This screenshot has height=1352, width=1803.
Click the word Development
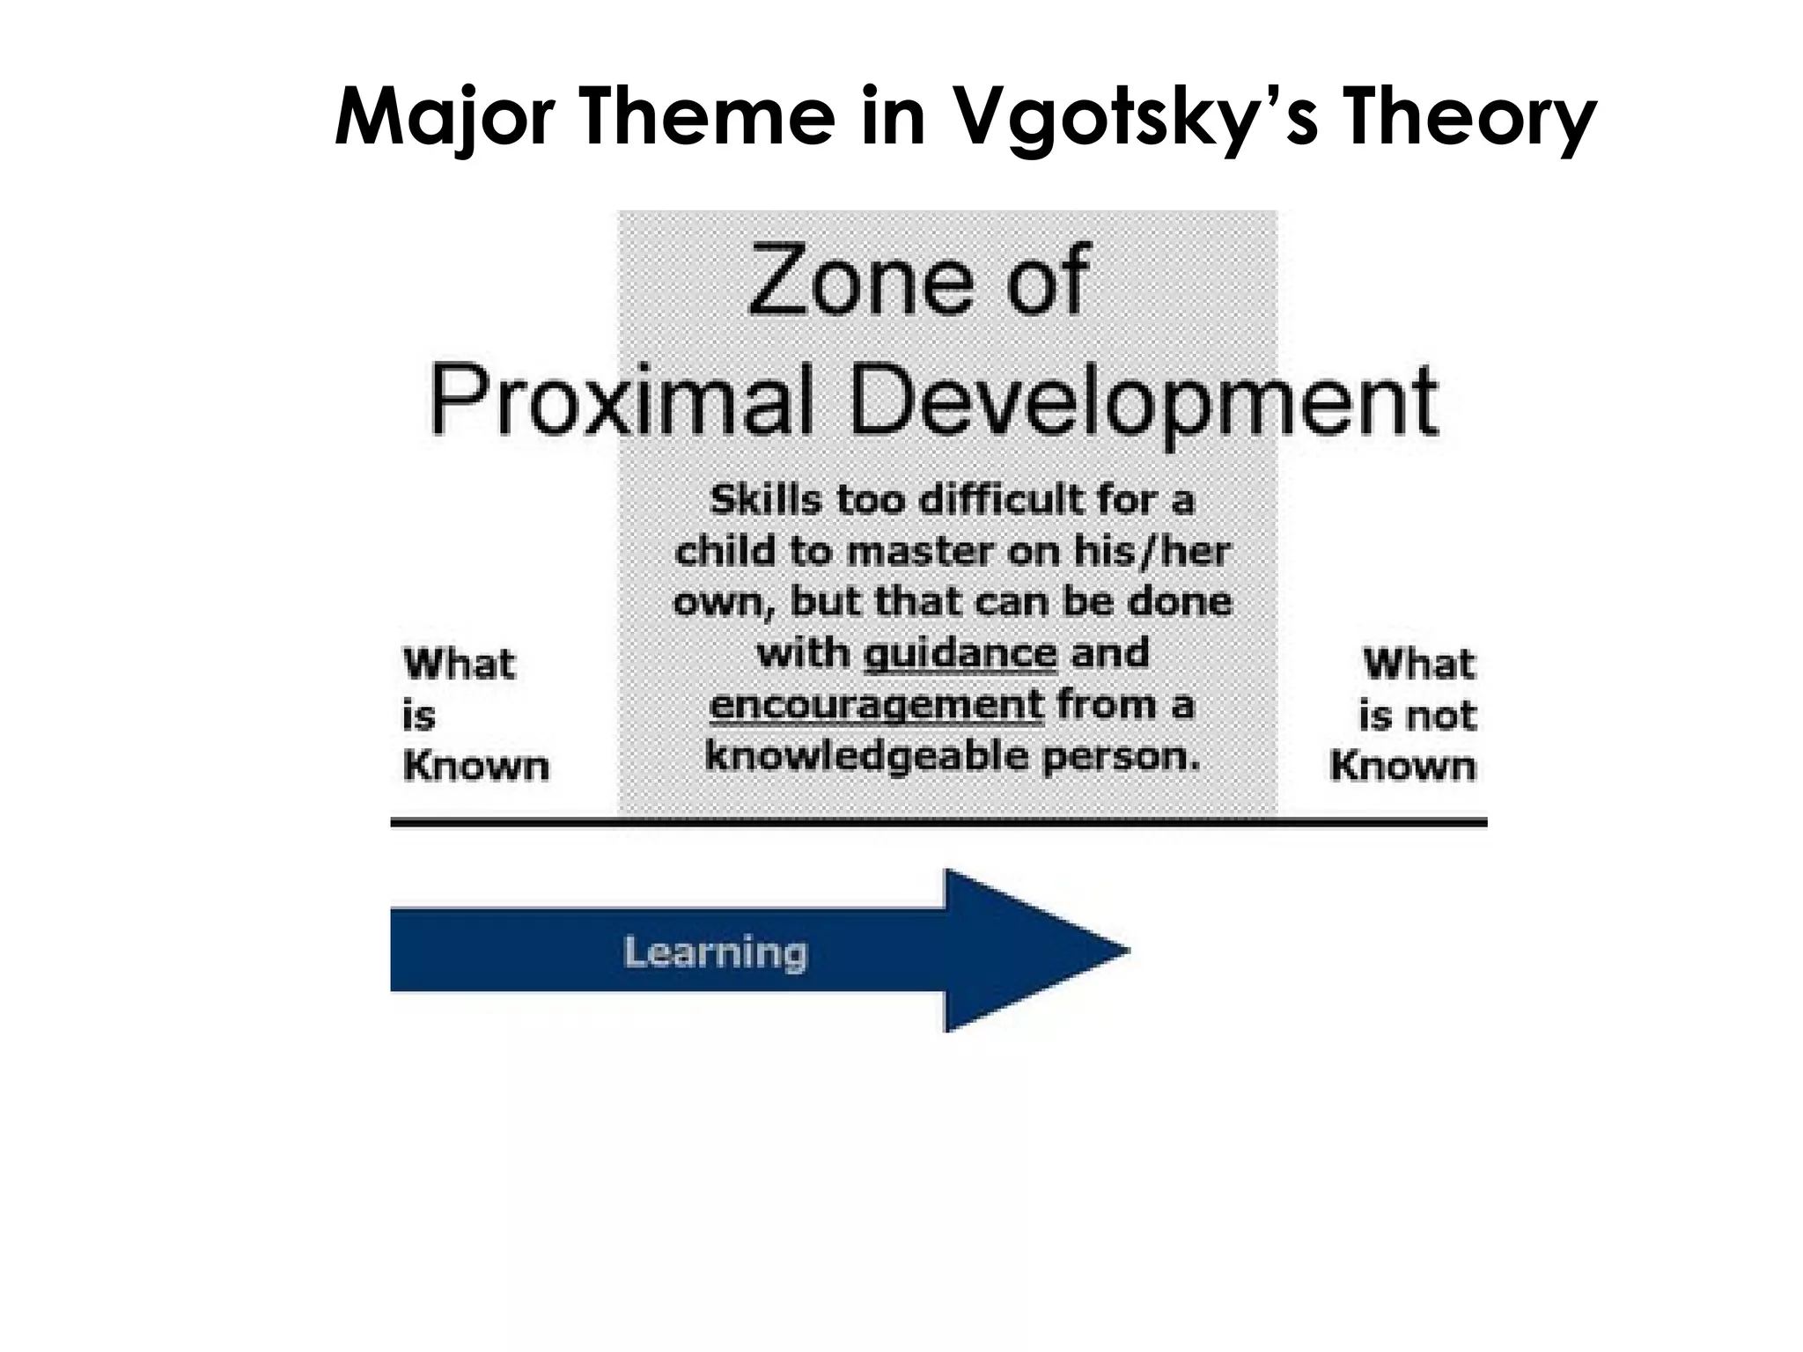click(1144, 401)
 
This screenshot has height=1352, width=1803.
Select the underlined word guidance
click(960, 654)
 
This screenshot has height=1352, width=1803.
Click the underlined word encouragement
click(876, 705)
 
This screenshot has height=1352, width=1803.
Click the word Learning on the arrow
click(715, 952)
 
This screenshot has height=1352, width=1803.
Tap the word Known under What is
click(475, 767)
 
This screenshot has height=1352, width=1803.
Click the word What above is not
click(1417, 664)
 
